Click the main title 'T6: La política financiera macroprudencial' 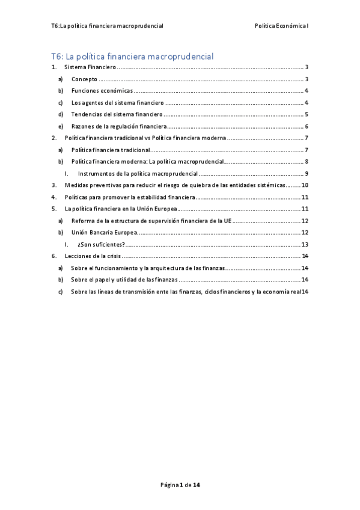point(133,57)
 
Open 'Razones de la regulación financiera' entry point(118,126)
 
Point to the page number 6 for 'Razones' point(307,126)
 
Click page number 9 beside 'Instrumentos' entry point(307,174)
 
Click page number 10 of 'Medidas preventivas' point(305,185)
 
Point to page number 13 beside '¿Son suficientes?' point(305,244)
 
